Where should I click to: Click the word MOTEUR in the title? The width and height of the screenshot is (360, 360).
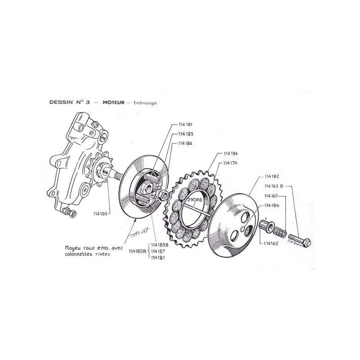[x=114, y=103]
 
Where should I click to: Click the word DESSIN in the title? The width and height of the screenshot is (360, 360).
[x=62, y=103]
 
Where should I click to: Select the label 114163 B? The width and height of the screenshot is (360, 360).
[x=274, y=185]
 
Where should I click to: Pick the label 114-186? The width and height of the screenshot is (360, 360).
[x=273, y=205]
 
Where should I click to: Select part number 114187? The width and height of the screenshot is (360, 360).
[x=158, y=251]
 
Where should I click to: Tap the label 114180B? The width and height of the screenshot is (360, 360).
[x=138, y=251]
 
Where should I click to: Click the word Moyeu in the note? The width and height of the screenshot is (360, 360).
[x=73, y=247]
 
